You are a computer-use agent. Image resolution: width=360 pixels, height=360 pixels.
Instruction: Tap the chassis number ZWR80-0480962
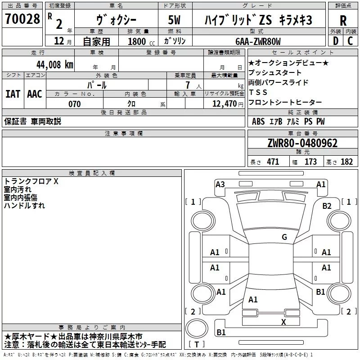pyautogui.click(x=302, y=143)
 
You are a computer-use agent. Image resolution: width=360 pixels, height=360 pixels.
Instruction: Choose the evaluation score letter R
pyautogui.click(x=343, y=20)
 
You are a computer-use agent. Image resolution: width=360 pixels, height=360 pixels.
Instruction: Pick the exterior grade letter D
pyautogui.click(x=335, y=41)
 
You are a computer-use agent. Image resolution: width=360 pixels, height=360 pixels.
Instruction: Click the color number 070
pyautogui.click(x=74, y=104)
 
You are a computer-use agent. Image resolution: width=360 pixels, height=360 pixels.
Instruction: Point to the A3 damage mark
pyautogui.click(x=220, y=184)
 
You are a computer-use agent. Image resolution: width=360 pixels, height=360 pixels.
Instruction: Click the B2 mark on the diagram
pyautogui.click(x=327, y=206)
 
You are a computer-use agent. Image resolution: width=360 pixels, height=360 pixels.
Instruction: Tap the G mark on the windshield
pyautogui.click(x=284, y=237)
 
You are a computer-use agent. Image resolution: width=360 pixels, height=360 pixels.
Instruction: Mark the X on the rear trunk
pyautogui.click(x=283, y=322)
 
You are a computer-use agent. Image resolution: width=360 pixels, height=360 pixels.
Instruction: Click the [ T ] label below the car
pyautogui.click(x=196, y=344)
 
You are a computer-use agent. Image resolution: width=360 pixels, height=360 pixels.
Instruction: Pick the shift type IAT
pyautogui.click(x=13, y=94)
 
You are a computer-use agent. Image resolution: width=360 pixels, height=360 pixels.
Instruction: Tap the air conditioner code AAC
pyautogui.click(x=35, y=94)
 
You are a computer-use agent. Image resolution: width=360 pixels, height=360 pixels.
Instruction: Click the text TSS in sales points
pyautogui.click(x=258, y=92)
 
